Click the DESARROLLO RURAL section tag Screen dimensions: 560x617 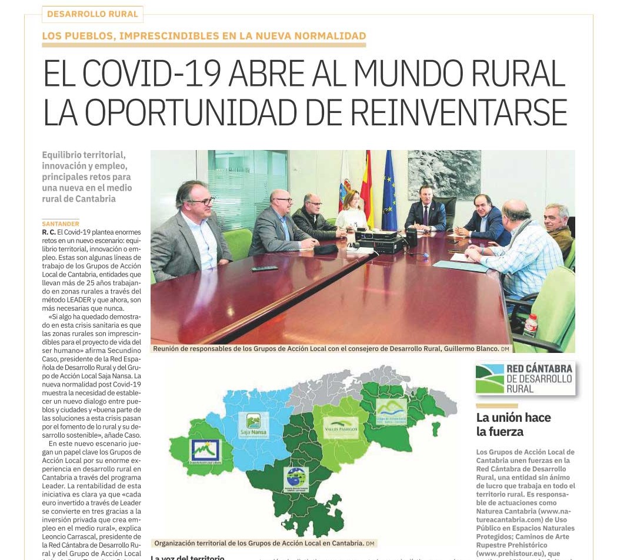click(x=92, y=14)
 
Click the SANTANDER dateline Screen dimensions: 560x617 click(x=61, y=224)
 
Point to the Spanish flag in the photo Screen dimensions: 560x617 click(x=366, y=188)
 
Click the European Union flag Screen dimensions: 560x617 click(x=389, y=191)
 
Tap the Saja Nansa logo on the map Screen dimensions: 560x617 click(x=254, y=425)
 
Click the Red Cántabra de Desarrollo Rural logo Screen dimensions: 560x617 click(x=525, y=378)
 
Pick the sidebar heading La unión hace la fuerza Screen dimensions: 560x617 click(x=513, y=424)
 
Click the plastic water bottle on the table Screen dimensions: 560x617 click(x=531, y=325)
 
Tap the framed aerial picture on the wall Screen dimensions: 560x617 click(x=444, y=175)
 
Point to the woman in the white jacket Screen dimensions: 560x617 click(x=352, y=213)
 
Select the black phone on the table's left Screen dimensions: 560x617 click(x=264, y=269)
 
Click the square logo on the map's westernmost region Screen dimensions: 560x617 click(x=205, y=451)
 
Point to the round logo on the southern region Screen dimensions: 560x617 click(x=296, y=479)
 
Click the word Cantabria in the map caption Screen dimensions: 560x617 click(x=344, y=543)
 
